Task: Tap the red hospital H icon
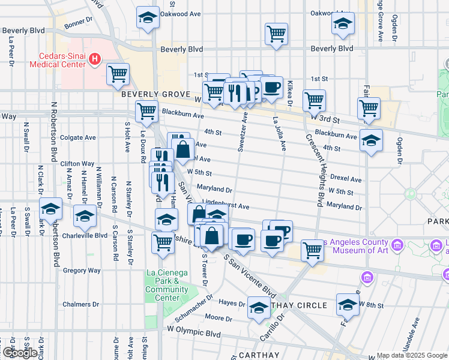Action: tap(94, 59)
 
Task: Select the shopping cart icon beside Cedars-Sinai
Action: tap(118, 74)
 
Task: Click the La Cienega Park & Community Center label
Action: tap(162, 285)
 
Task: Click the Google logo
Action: tap(19, 353)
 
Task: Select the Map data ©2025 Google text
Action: tap(412, 355)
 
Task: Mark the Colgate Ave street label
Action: tap(78, 137)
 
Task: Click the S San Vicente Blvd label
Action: tap(250, 277)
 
